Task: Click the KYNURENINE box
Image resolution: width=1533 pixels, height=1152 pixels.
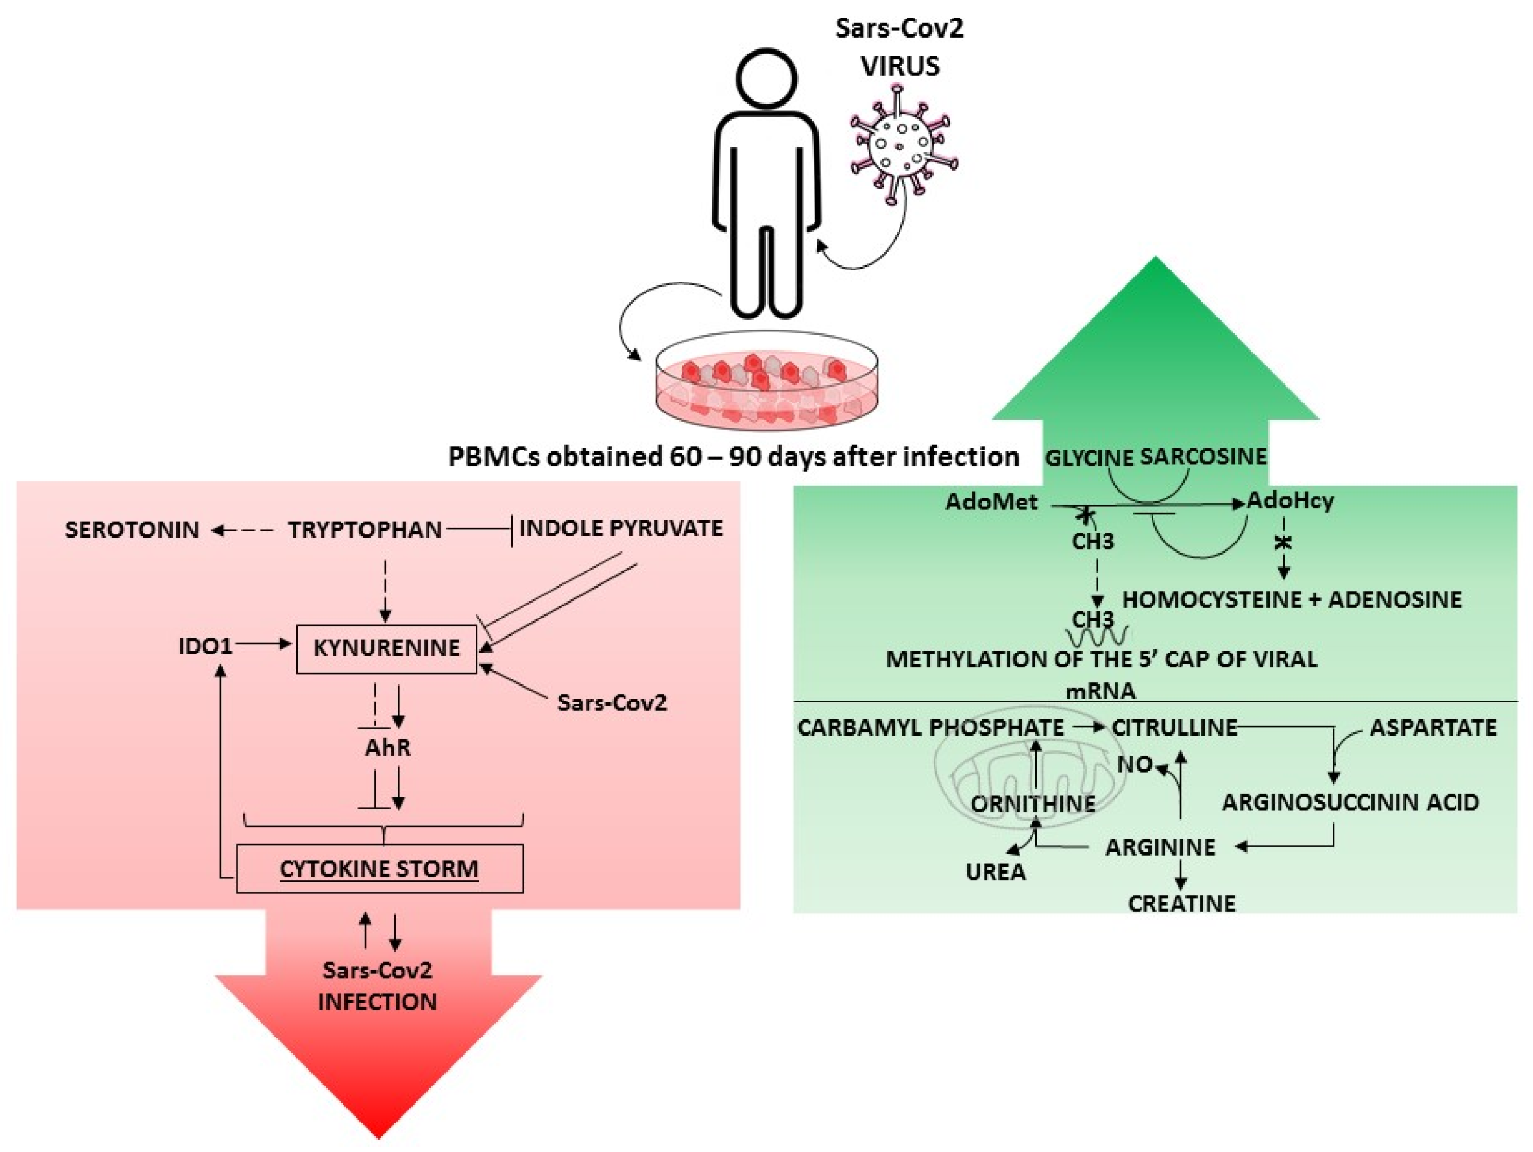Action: tap(386, 649)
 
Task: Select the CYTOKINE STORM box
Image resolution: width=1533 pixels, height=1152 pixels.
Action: tap(379, 868)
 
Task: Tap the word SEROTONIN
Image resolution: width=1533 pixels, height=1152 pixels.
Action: tap(132, 530)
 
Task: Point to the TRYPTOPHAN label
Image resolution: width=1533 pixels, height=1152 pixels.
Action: tap(365, 530)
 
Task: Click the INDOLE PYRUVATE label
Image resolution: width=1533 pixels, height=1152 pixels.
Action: tap(620, 529)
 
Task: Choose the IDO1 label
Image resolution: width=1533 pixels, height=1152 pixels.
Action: tap(205, 646)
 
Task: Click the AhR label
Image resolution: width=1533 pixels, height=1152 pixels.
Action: tap(387, 747)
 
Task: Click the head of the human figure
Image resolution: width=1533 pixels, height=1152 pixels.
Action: tap(767, 78)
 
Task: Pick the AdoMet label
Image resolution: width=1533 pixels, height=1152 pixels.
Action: tap(991, 501)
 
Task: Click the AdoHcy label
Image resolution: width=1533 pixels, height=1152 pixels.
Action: tap(1290, 500)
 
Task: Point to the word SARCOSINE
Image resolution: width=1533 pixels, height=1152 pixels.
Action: tap(1203, 457)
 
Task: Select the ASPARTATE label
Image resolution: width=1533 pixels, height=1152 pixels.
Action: tap(1433, 727)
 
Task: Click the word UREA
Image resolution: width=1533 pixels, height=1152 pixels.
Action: tap(995, 872)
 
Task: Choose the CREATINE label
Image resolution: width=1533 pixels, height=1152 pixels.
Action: tap(1181, 904)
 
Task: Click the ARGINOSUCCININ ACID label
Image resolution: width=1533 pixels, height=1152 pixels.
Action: tap(1350, 802)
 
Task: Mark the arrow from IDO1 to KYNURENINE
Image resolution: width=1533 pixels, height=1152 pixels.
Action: tap(263, 644)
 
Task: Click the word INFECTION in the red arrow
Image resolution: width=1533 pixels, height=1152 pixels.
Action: tap(378, 1002)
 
